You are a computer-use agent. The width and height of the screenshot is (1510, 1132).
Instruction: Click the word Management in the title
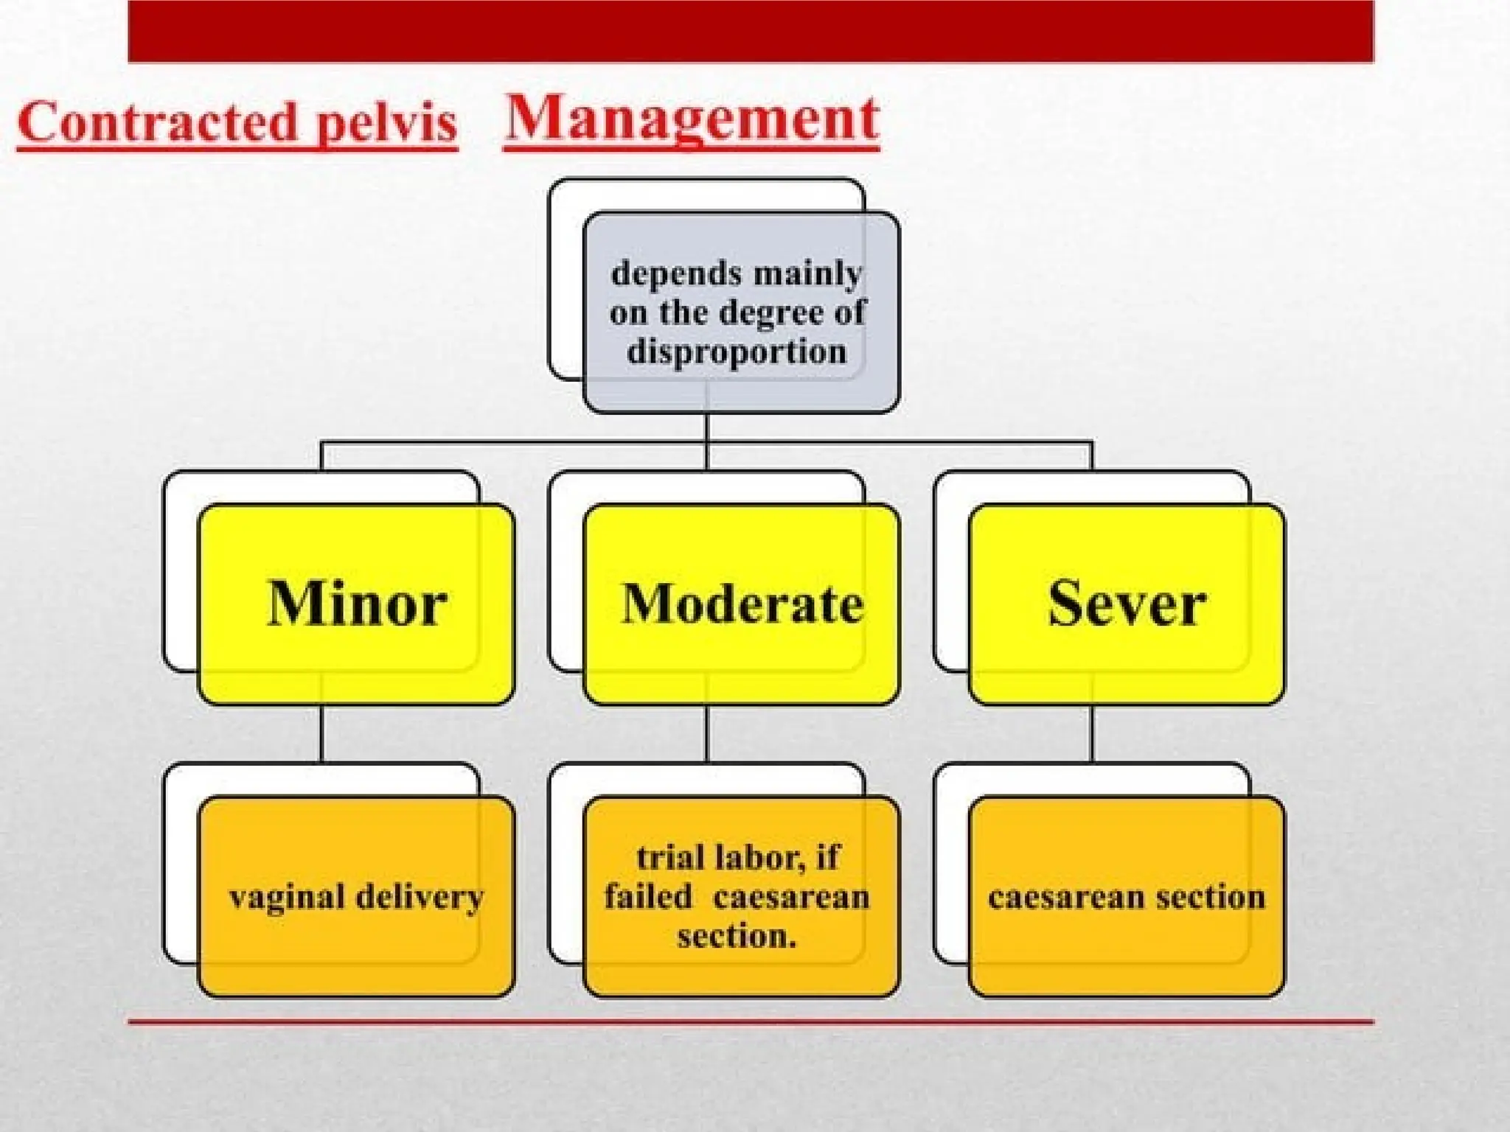(x=692, y=119)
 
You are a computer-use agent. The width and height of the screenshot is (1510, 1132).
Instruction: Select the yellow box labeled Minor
(x=356, y=604)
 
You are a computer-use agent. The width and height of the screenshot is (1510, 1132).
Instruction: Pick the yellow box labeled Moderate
(x=741, y=604)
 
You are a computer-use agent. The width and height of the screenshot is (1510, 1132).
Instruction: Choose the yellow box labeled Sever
(x=1127, y=604)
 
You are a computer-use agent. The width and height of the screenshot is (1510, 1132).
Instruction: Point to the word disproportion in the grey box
(x=737, y=352)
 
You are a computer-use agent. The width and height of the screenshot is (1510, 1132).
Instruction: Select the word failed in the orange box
(x=648, y=897)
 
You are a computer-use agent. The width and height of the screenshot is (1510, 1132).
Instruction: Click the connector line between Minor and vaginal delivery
(x=321, y=733)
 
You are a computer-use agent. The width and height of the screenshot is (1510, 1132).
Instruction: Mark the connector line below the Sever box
(x=1092, y=733)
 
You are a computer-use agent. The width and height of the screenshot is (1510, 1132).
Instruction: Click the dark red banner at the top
(x=751, y=31)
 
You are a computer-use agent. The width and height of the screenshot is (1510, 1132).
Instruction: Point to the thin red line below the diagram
(x=751, y=1022)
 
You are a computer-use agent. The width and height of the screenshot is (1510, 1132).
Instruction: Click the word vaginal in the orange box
(x=287, y=898)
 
